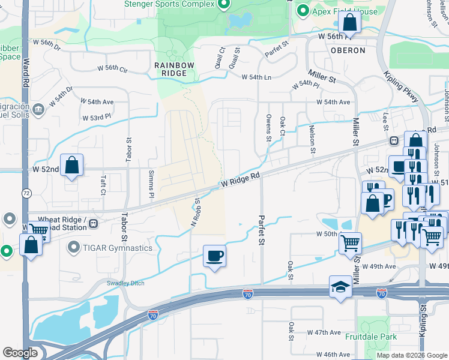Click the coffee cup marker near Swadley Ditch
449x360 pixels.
point(214,256)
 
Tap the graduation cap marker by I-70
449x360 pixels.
point(340,287)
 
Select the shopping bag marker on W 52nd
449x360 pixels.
point(71,166)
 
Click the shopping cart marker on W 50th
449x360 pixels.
point(350,244)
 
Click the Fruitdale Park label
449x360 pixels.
point(371,337)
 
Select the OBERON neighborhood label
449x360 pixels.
point(348,50)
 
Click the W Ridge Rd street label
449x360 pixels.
point(241,179)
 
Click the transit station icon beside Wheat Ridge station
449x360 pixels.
point(93,224)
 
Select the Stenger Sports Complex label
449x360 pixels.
point(169,4)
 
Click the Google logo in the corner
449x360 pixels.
point(20,353)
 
